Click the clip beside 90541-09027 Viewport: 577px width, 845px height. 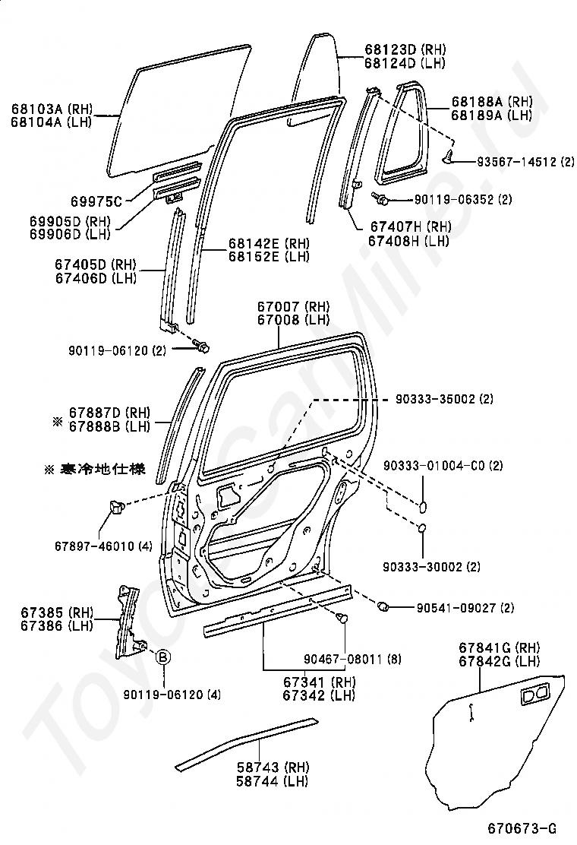click(x=384, y=606)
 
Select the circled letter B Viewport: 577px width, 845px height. click(x=163, y=657)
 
